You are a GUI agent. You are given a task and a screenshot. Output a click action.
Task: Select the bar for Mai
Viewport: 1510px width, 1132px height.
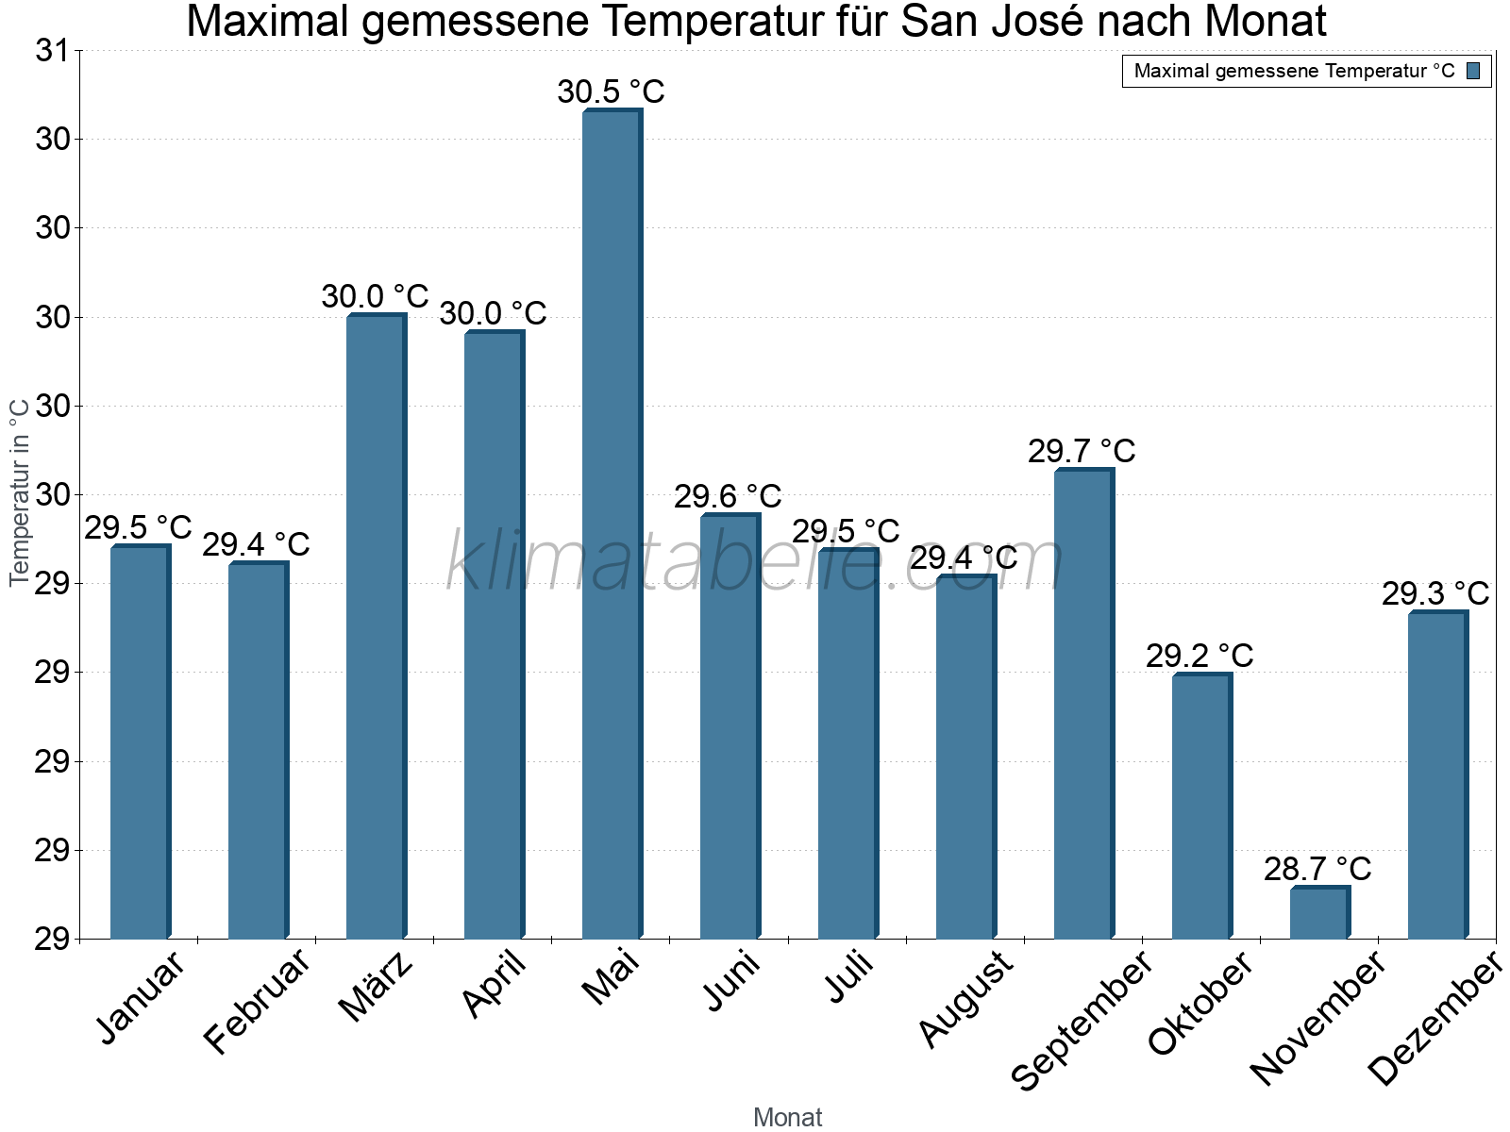coord(612,524)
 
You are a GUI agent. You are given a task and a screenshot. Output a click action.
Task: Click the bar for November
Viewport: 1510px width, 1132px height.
coord(1319,912)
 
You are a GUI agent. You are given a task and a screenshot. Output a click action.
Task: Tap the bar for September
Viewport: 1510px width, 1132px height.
coord(1083,703)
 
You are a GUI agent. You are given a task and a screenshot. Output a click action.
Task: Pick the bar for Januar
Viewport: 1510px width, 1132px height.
coord(140,741)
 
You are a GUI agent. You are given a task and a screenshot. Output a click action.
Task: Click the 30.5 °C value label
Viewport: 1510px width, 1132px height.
coord(611,92)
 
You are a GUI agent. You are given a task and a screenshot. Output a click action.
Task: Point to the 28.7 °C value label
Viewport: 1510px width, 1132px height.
coord(1317,869)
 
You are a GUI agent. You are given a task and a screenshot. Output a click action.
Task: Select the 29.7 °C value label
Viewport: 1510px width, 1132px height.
coord(1082,451)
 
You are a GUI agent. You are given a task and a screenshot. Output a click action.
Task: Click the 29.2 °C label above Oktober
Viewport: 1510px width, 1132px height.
coord(1200,656)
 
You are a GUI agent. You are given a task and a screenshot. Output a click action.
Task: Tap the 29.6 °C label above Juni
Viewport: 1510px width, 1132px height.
coord(728,496)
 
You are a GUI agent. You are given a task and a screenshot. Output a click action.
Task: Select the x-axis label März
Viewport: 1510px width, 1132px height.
coord(377,987)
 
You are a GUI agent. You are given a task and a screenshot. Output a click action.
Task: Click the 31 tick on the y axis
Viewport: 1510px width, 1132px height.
coord(52,51)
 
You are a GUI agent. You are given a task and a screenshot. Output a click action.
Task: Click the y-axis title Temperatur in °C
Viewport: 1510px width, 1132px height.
coord(20,491)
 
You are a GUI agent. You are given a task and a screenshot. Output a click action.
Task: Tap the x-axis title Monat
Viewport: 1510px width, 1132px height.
coord(787,1117)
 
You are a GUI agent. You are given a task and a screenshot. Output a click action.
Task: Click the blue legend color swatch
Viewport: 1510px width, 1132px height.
coord(1473,71)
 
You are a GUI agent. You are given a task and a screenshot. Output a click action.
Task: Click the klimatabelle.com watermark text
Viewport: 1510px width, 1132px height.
coord(755,563)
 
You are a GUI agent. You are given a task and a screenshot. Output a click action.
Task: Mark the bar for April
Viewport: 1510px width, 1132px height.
coord(494,634)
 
